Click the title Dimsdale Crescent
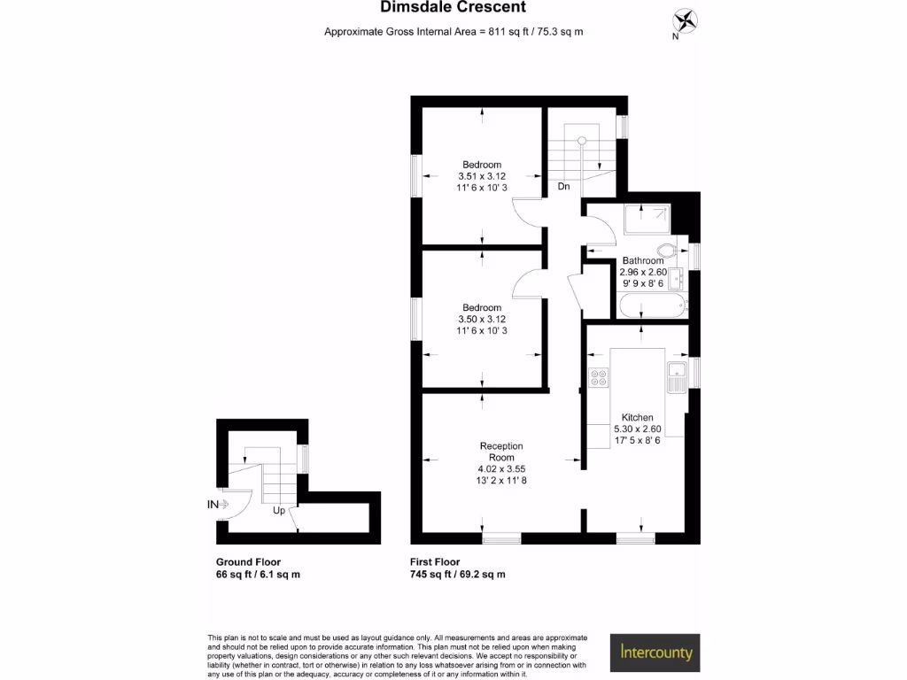[453, 8]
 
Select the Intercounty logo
[655, 653]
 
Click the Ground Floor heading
[248, 562]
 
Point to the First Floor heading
[435, 562]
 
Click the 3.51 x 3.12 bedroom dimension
[482, 176]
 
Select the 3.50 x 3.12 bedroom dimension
[482, 319]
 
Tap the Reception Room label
[501, 452]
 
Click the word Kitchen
[637, 417]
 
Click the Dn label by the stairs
[563, 187]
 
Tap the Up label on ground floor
[278, 511]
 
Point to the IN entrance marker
[213, 505]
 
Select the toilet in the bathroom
[669, 250]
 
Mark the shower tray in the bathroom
[647, 219]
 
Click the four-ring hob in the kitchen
[599, 378]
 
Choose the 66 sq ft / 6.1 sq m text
[258, 575]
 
